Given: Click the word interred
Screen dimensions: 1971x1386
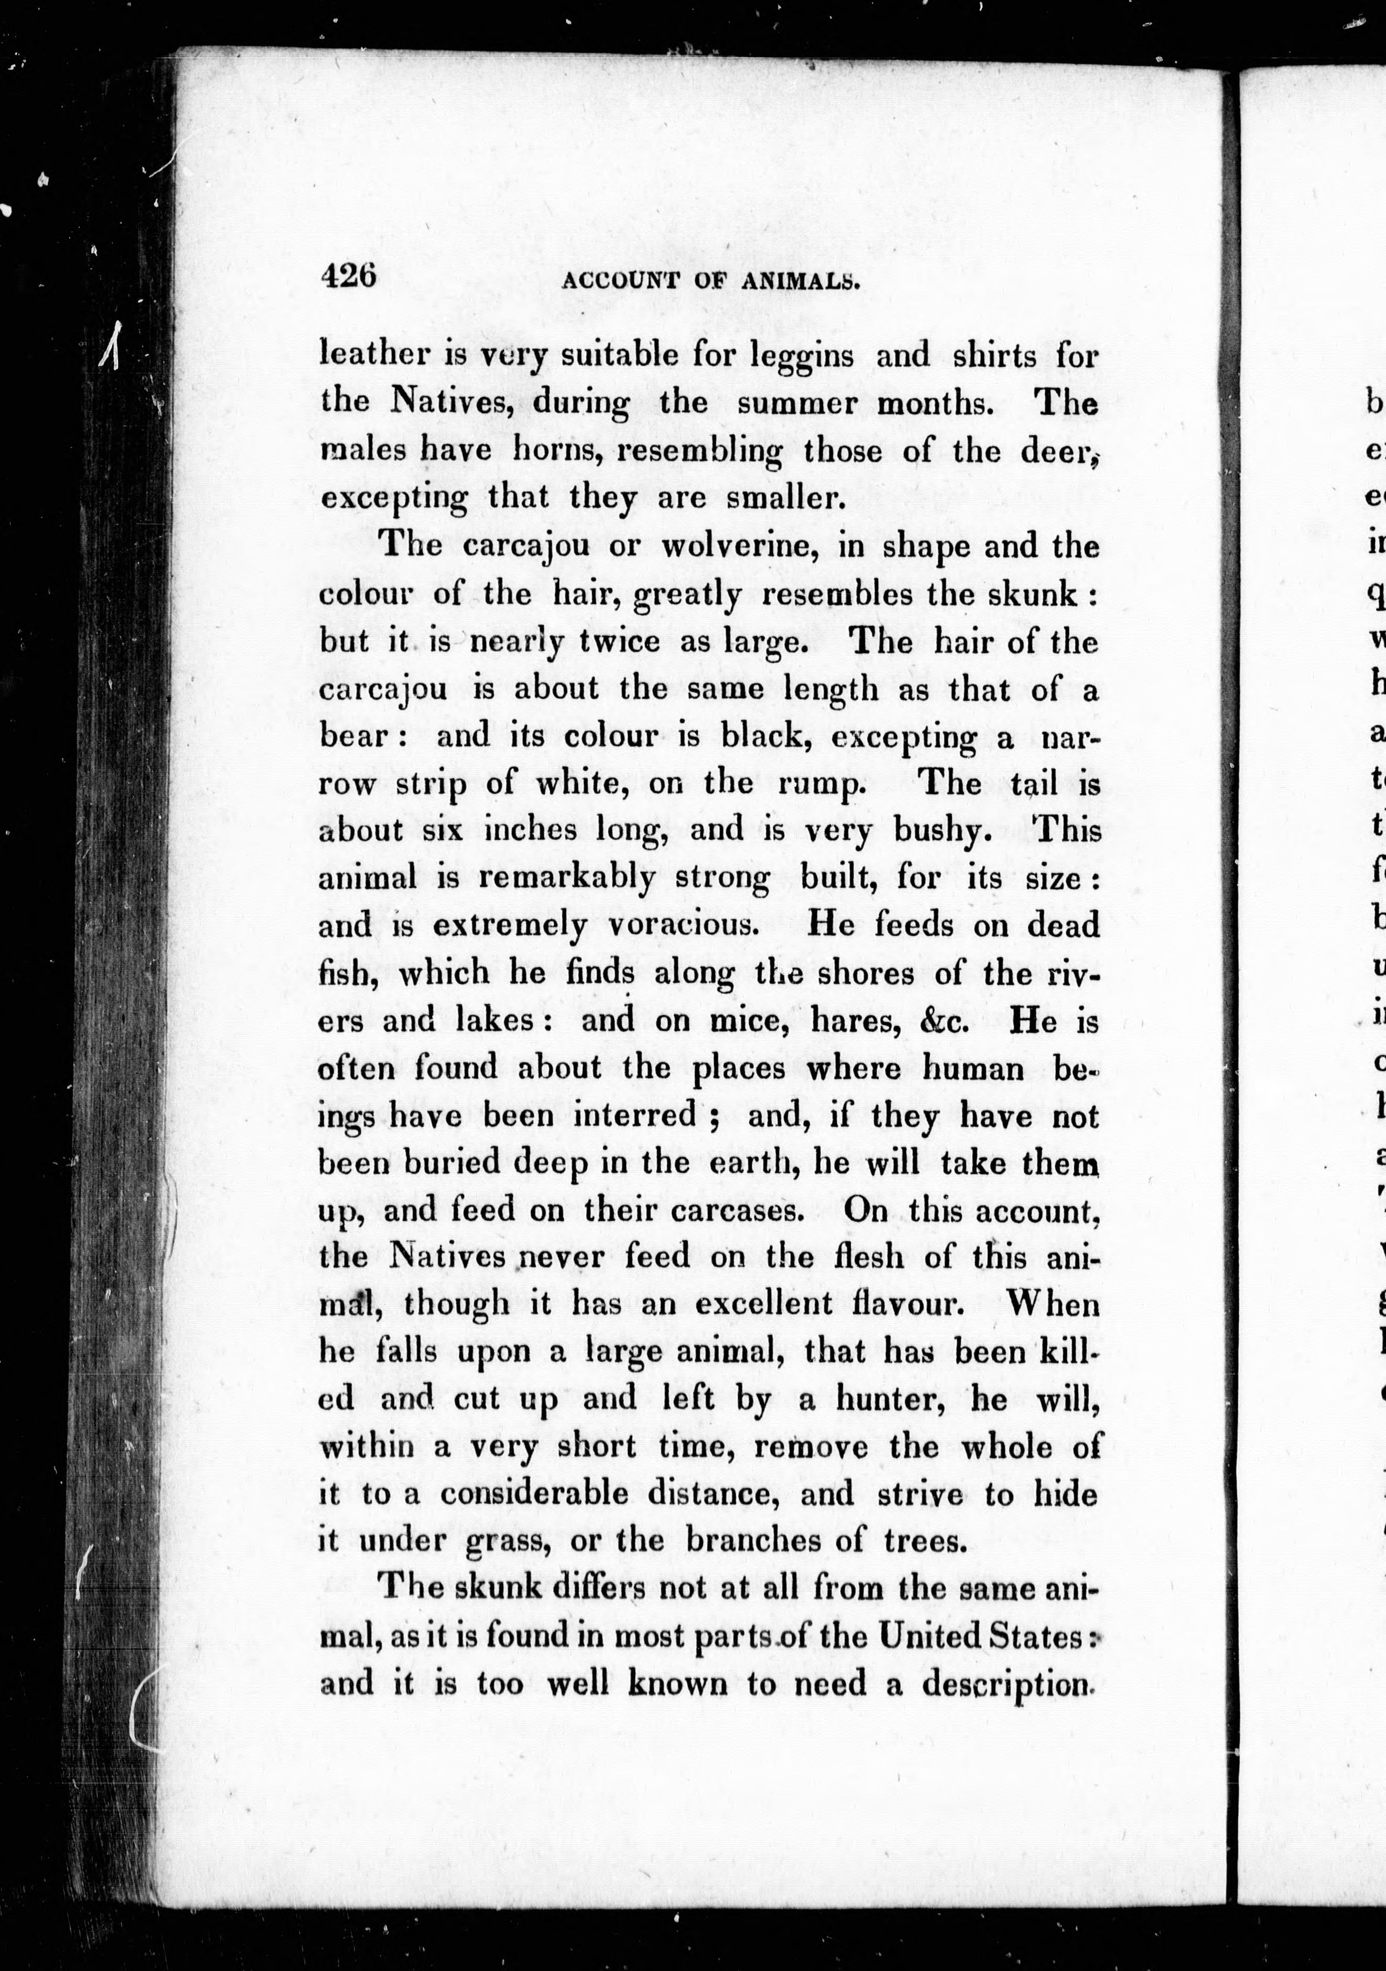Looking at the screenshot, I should tap(634, 1115).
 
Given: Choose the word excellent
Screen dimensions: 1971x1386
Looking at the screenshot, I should tap(764, 1304).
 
